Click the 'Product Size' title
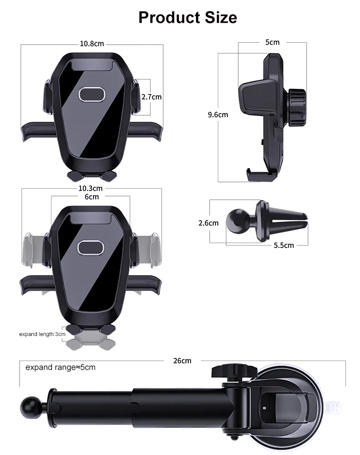(187, 17)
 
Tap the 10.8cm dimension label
(92, 44)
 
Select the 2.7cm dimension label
(151, 97)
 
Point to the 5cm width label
(272, 42)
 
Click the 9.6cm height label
(218, 114)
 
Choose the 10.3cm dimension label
(90, 188)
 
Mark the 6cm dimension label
(91, 196)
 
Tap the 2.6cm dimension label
(208, 223)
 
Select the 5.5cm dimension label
(284, 245)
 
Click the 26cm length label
(182, 360)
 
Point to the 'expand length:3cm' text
(42, 334)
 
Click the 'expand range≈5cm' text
(60, 367)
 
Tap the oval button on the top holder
(92, 94)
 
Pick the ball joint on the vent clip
(237, 222)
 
